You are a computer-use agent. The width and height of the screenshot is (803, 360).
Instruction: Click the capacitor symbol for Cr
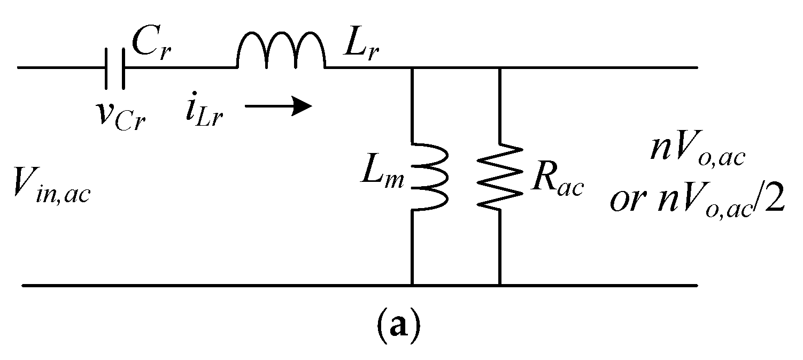click(x=115, y=68)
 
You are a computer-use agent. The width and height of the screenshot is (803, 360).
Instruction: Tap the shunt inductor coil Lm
click(x=428, y=177)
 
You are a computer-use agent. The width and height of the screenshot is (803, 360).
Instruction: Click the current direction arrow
click(x=278, y=106)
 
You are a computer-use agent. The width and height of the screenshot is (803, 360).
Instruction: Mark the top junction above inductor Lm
click(x=411, y=68)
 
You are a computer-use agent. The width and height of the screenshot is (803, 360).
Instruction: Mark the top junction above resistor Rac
click(x=499, y=68)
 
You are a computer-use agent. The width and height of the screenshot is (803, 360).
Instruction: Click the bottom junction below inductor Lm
click(x=411, y=285)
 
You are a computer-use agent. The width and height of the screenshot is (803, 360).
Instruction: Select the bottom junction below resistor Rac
click(x=499, y=285)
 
